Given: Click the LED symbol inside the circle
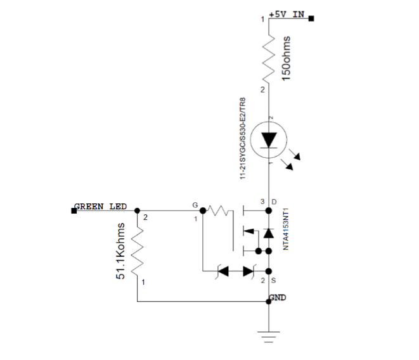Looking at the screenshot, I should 270,139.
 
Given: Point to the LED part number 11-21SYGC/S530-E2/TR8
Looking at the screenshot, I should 243,138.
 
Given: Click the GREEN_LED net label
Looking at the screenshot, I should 100,207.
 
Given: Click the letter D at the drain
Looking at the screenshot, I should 274,202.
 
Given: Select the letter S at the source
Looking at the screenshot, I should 274,280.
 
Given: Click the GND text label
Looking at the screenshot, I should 278,297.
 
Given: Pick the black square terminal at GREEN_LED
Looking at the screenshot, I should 74,210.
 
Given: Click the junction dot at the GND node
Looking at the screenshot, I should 270,302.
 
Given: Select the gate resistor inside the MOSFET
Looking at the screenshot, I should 222,210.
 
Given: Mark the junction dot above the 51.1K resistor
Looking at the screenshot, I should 138,210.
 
